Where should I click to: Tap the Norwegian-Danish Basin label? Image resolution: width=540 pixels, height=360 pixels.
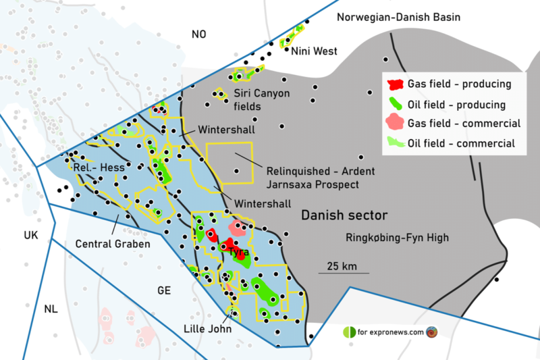tap(399, 17)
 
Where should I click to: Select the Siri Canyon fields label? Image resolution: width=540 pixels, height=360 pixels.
tap(261, 99)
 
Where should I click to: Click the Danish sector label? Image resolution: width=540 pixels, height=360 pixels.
tap(344, 216)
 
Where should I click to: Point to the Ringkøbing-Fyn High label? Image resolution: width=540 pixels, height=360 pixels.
tap(397, 238)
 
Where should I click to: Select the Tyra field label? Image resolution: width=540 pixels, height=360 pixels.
tap(239, 252)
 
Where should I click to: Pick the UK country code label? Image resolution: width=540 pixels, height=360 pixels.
tap(31, 235)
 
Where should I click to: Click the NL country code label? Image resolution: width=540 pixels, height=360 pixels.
tap(51, 309)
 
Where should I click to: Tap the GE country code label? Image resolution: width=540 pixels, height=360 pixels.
tap(164, 290)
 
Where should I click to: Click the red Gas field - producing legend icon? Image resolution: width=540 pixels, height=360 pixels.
tap(395, 85)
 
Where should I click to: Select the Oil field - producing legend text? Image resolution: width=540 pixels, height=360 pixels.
tap(457, 105)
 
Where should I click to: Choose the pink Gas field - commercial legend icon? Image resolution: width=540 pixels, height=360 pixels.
tap(395, 124)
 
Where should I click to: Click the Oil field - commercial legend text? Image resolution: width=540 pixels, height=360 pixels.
tap(462, 143)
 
